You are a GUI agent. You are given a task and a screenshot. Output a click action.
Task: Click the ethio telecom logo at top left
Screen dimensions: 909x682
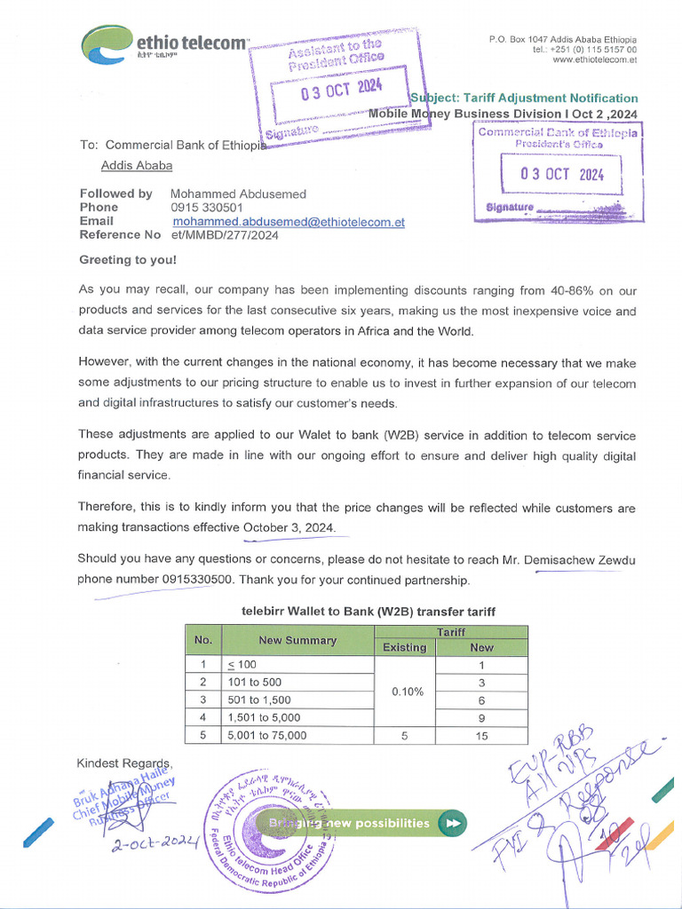[x=164, y=43]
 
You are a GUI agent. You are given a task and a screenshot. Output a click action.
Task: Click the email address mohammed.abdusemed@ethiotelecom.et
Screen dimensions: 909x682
[x=289, y=222]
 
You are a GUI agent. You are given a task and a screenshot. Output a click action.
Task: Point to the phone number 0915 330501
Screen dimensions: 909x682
[x=207, y=208]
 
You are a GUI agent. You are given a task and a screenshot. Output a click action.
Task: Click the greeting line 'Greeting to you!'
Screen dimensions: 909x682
[x=128, y=260]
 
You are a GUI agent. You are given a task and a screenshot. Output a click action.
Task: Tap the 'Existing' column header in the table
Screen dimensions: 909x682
[x=404, y=647]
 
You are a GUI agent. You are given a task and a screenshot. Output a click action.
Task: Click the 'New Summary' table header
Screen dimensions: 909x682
[x=297, y=640]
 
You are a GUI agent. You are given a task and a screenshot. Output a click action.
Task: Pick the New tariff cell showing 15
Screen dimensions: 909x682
[x=480, y=735]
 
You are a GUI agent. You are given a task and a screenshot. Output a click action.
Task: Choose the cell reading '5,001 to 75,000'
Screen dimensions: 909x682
[x=267, y=735]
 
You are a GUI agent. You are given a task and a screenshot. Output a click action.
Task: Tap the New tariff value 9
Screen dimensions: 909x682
[x=480, y=717]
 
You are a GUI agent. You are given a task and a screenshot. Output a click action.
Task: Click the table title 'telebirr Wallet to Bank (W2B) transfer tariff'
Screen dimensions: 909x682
[x=369, y=612]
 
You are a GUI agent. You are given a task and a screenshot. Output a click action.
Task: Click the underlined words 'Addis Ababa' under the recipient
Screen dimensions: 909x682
[x=137, y=165]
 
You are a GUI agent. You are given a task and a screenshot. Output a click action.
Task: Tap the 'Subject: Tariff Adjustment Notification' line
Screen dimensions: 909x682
[x=524, y=98]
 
